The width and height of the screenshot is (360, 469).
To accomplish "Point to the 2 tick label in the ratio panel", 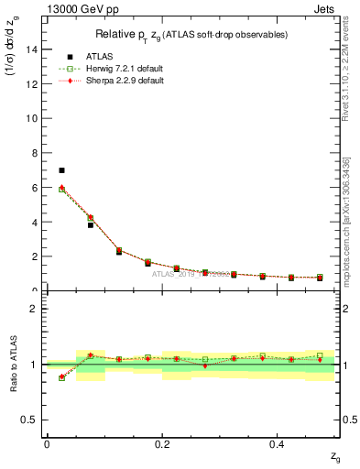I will pyautogui.click(x=36, y=309).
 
